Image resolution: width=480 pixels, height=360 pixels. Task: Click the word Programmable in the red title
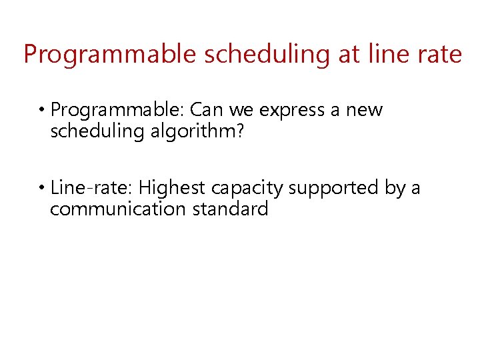111,54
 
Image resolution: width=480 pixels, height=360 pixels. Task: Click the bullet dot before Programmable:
42,110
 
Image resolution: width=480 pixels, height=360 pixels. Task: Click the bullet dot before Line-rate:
42,189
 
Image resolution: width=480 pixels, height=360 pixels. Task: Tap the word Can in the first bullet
208,110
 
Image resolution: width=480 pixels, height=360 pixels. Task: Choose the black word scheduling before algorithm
97,131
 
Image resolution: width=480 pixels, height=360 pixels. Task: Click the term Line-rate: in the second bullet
92,188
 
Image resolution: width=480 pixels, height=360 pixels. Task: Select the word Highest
172,188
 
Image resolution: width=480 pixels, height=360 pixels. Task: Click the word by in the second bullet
395,189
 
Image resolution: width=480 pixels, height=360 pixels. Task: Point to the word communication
119,209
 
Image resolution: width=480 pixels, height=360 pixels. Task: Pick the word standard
231,209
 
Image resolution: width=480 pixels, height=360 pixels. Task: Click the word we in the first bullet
243,110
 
